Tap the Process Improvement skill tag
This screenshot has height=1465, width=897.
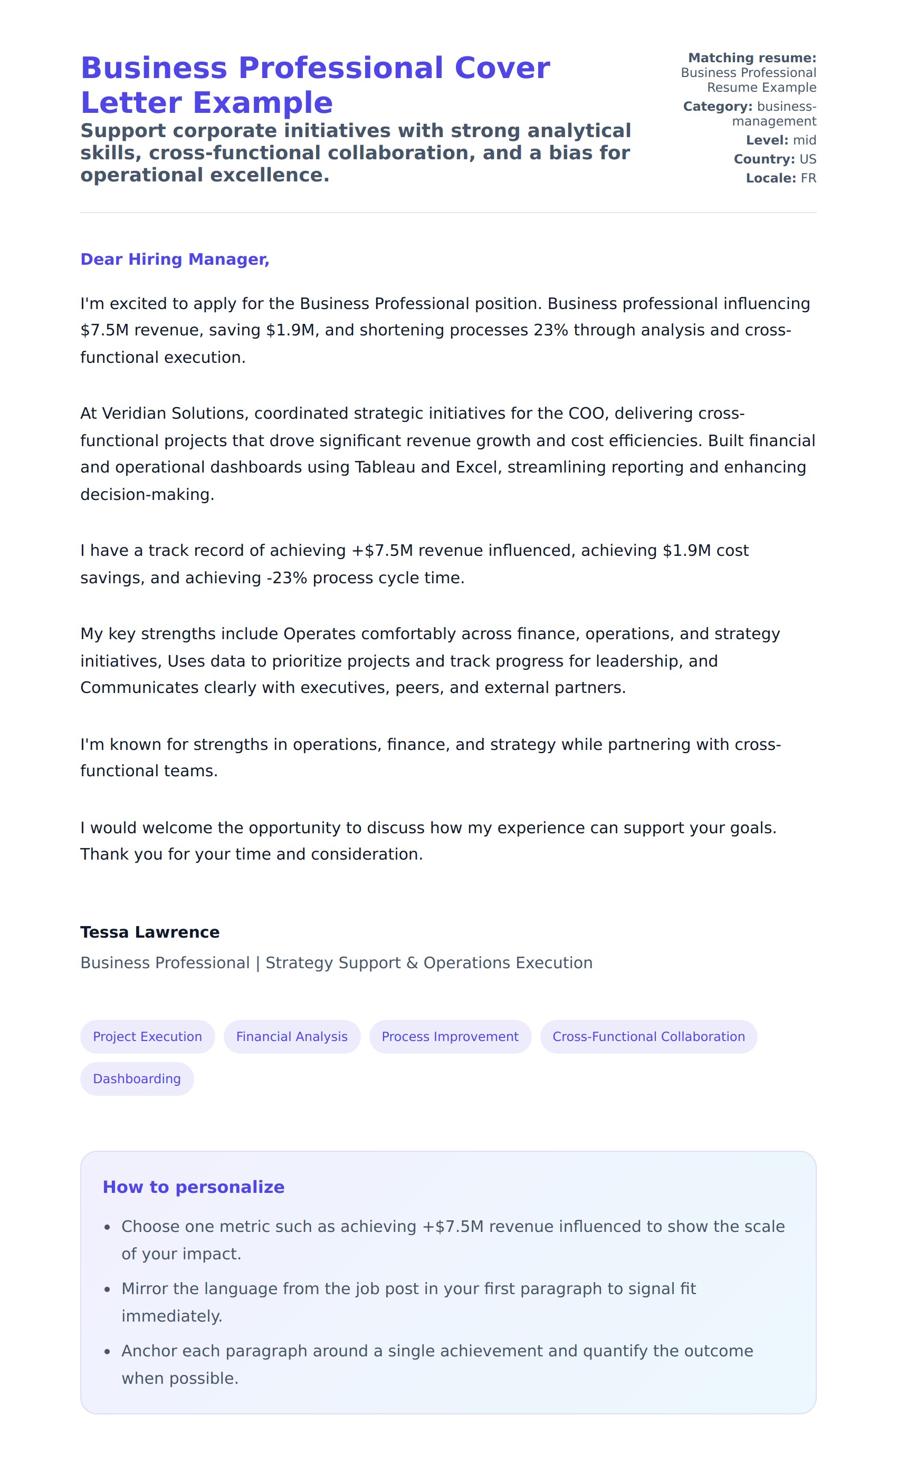[450, 1036]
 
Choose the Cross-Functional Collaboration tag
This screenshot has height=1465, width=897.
[648, 1036]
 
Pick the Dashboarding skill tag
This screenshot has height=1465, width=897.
[137, 1078]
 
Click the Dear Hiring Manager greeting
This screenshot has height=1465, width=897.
[175, 259]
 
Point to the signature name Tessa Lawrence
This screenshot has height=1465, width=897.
[150, 932]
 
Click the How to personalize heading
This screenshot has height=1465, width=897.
[193, 1187]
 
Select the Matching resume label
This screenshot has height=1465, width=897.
[752, 57]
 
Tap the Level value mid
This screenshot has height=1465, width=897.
[804, 140]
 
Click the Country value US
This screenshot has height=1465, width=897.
[808, 159]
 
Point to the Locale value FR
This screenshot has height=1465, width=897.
[808, 178]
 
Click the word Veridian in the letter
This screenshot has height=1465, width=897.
[134, 413]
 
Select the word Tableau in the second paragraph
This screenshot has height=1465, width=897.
[385, 467]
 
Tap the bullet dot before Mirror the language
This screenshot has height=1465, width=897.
[107, 1289]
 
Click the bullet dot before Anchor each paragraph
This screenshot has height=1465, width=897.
[107, 1352]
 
